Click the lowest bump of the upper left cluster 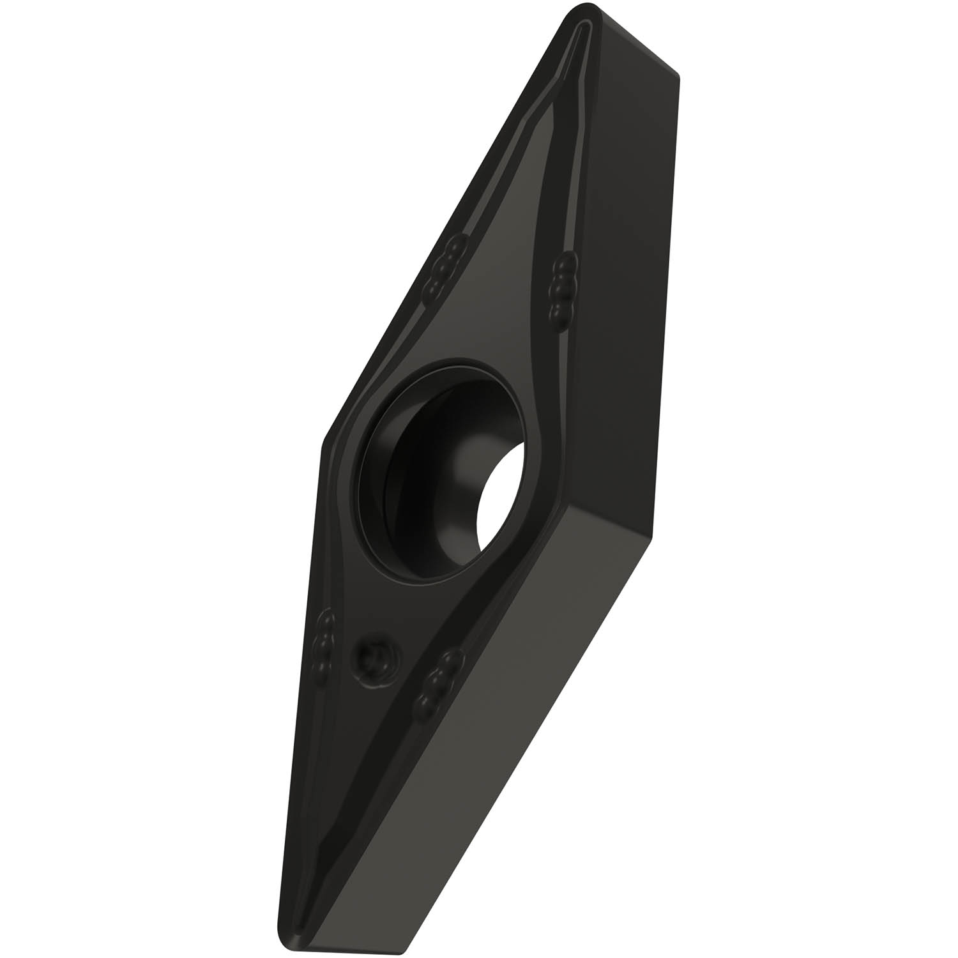(x=434, y=291)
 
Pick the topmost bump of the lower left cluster (x=328, y=618)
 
